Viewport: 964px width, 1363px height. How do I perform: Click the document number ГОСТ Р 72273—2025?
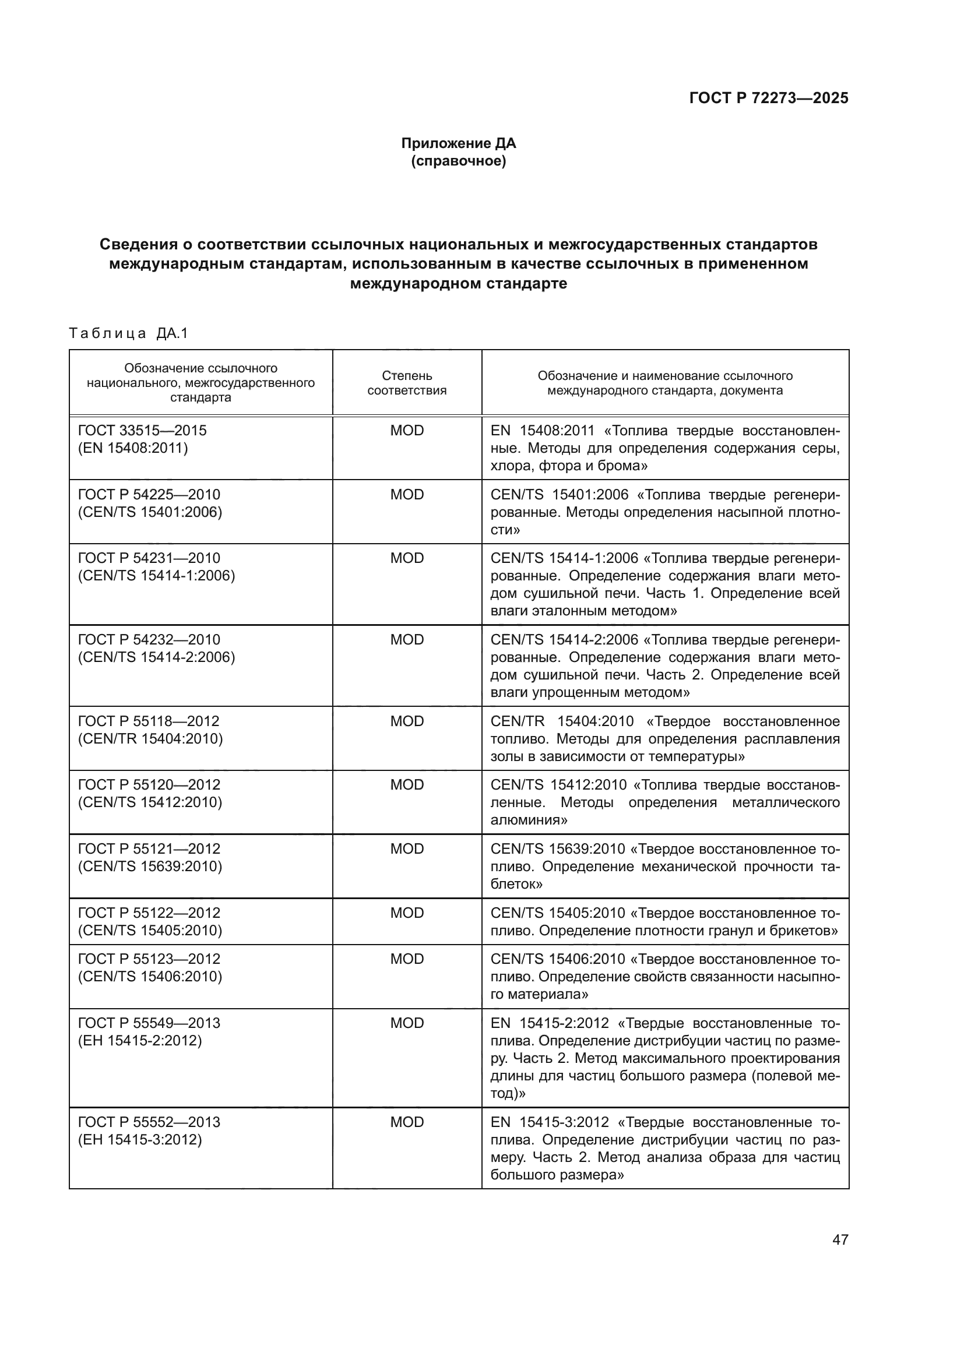pyautogui.click(x=768, y=98)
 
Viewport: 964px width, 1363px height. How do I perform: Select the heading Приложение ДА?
pyautogui.click(x=458, y=143)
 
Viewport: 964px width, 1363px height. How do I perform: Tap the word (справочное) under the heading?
pyautogui.click(x=458, y=161)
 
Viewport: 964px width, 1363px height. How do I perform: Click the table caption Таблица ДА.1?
pyautogui.click(x=128, y=334)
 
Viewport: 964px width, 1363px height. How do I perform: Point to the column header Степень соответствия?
pyautogui.click(x=407, y=383)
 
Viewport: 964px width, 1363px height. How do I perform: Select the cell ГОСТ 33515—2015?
pyautogui.click(x=142, y=431)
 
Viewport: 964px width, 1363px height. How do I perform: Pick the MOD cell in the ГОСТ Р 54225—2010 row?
pyautogui.click(x=407, y=495)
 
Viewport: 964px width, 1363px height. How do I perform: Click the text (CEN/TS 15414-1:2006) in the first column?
pyautogui.click(x=156, y=575)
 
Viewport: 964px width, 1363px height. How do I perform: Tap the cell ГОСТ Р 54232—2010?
pyautogui.click(x=149, y=639)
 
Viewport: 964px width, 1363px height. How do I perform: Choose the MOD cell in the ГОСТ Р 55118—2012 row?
pyautogui.click(x=407, y=721)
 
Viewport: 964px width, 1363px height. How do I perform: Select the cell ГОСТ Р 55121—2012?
pyautogui.click(x=149, y=848)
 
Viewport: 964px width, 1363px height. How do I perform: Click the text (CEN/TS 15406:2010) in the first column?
pyautogui.click(x=150, y=976)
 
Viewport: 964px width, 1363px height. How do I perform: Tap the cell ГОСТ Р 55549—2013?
pyautogui.click(x=149, y=1023)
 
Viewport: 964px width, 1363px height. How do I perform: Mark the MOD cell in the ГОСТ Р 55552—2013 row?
pyautogui.click(x=407, y=1122)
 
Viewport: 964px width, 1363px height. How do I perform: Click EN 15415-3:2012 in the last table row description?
pyautogui.click(x=550, y=1122)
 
